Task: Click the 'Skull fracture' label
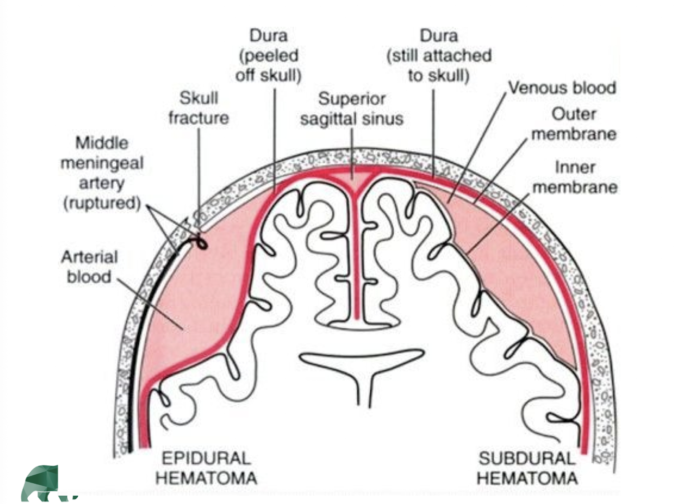(198, 108)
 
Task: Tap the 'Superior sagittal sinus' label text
(351, 109)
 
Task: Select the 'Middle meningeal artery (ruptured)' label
(102, 173)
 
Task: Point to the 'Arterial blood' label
(89, 267)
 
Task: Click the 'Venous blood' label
(562, 88)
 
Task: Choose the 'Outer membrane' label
(574, 124)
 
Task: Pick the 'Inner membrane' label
(574, 177)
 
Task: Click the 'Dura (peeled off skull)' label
(268, 55)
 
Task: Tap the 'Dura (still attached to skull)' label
(439, 55)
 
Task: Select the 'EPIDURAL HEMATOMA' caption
(206, 468)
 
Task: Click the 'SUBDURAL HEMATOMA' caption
(527, 468)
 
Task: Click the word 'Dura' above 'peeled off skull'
(268, 35)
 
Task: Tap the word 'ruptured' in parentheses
(102, 203)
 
